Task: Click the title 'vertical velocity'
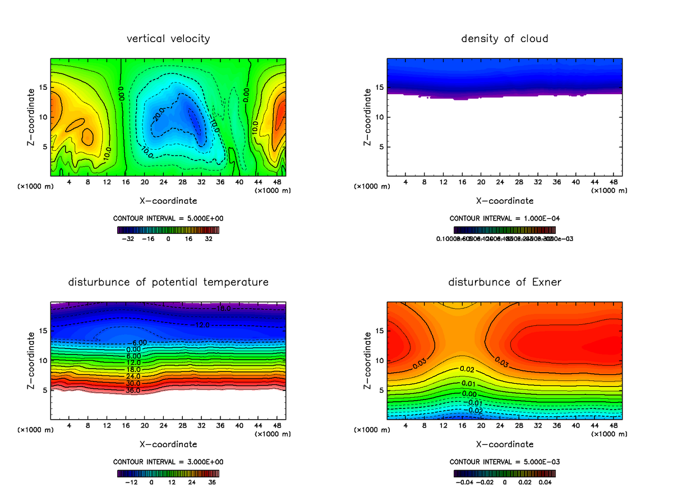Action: (168, 39)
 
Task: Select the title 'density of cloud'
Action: (504, 39)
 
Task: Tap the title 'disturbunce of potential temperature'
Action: (168, 282)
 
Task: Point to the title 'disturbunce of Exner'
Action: (504, 282)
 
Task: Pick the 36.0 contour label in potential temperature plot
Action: (133, 390)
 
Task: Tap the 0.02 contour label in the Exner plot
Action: (467, 369)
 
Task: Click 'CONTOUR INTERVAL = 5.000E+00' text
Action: (168, 218)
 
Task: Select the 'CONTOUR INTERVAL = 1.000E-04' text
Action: (505, 218)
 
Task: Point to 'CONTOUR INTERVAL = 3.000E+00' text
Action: (168, 462)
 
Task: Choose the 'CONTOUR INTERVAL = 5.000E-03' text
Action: (505, 462)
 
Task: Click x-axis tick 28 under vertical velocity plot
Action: (182, 182)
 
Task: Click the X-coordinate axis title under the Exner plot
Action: (505, 444)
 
